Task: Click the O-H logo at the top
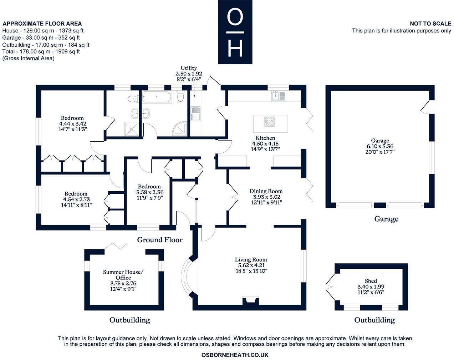[x=235, y=32]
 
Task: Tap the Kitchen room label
[x=265, y=138]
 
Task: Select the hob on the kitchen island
[x=270, y=121]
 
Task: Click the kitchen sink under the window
[x=279, y=96]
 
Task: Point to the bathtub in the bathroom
[x=157, y=97]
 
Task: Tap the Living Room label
[x=251, y=260]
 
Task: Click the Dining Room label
[x=266, y=191]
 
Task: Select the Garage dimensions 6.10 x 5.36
[x=380, y=146]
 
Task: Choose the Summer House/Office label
[x=123, y=275]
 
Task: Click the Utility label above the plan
[x=189, y=68]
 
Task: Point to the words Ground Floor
[x=160, y=240]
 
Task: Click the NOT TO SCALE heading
[x=430, y=24]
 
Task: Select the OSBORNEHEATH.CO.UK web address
[x=235, y=355]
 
